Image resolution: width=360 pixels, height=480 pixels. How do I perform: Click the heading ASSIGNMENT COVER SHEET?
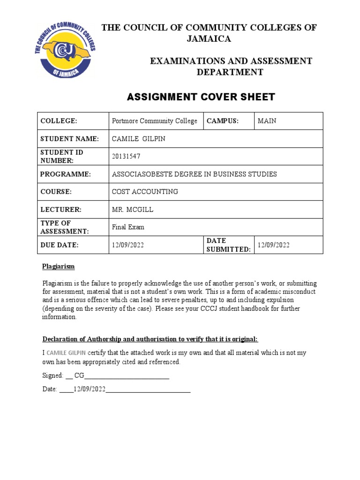(x=201, y=97)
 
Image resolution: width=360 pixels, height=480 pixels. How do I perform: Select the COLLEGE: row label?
(x=59, y=121)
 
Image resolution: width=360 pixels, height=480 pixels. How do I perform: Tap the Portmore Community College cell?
(x=155, y=121)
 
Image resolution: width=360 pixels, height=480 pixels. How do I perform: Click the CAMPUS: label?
(x=223, y=121)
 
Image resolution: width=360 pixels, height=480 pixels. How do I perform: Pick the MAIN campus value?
(x=267, y=121)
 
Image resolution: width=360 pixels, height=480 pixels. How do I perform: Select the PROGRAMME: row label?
(x=65, y=174)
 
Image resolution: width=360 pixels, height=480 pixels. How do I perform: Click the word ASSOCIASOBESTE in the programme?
(x=142, y=174)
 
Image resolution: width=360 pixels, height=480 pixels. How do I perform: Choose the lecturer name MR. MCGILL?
(x=133, y=210)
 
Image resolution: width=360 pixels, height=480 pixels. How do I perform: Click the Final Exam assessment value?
(x=128, y=227)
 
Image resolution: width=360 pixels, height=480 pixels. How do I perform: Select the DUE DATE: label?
(x=60, y=245)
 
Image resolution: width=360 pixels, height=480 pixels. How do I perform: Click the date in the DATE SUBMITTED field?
(x=274, y=245)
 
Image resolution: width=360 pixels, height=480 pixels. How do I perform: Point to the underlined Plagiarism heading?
(x=59, y=266)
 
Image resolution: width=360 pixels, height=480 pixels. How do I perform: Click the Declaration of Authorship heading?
(x=150, y=339)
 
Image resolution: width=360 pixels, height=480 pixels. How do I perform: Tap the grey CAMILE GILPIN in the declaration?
(x=66, y=352)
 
